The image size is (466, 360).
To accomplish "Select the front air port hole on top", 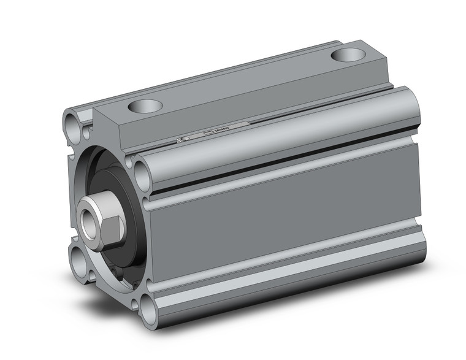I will [x=145, y=105].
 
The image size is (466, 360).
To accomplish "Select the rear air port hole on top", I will [x=348, y=55].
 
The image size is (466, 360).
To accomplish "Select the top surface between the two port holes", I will [x=245, y=80].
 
